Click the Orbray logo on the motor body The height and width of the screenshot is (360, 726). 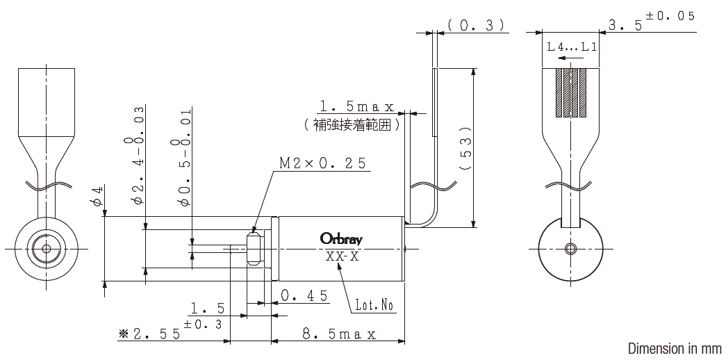341,238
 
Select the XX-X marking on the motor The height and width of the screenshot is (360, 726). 342,256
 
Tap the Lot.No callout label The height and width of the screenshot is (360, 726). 374,305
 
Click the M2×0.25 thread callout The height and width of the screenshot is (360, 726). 323,163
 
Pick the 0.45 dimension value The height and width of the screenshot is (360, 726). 304,295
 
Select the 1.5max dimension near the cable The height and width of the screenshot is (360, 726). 356,106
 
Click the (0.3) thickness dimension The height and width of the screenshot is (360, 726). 475,25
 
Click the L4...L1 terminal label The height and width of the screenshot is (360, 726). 572,47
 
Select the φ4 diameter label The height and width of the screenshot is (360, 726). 98,197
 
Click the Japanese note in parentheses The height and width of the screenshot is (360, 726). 353,125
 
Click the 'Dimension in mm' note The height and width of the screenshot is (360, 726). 674,348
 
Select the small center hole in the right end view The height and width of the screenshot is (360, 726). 571,249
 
